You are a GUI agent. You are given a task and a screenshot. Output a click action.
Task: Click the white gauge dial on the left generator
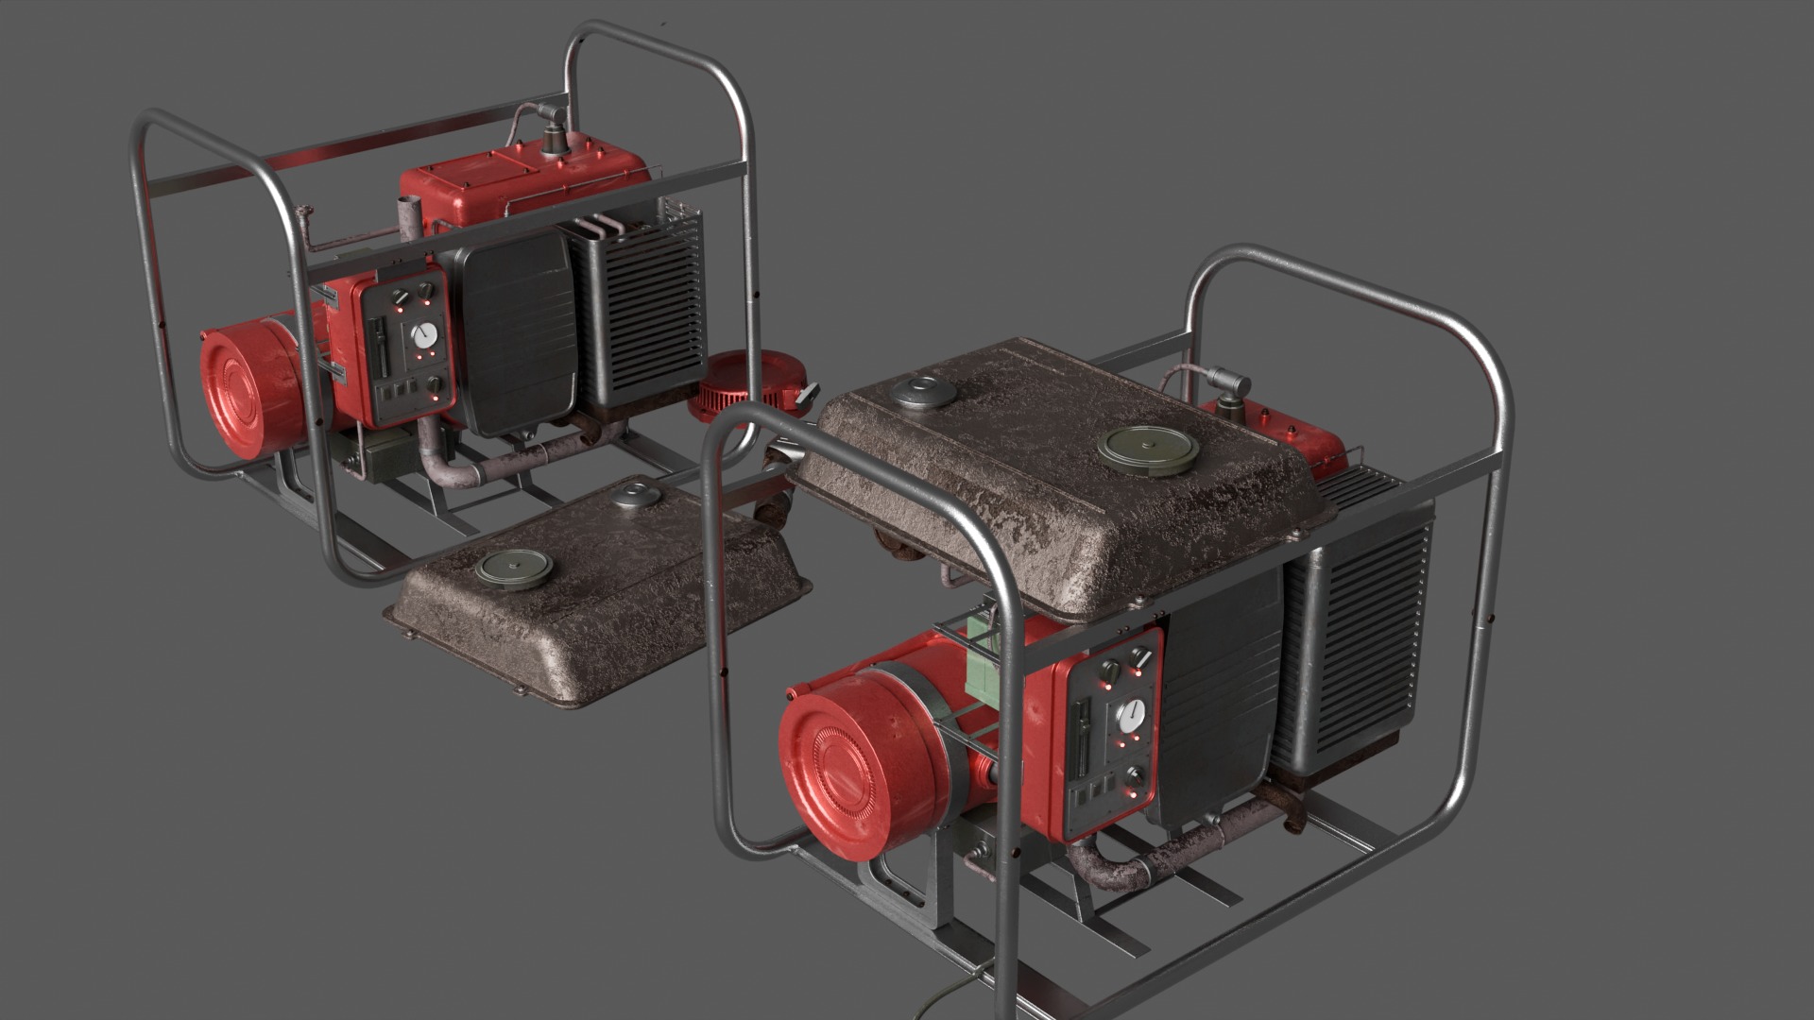pyautogui.click(x=425, y=333)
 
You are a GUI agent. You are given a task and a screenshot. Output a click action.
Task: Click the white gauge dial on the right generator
pyautogui.click(x=1130, y=715)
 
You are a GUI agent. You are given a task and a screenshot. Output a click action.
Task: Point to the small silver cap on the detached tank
pyautogui.click(x=634, y=492)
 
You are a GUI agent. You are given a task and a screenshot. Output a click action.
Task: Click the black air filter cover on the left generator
pyautogui.click(x=518, y=331)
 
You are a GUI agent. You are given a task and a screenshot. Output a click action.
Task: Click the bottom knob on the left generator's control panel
pyautogui.click(x=434, y=384)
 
